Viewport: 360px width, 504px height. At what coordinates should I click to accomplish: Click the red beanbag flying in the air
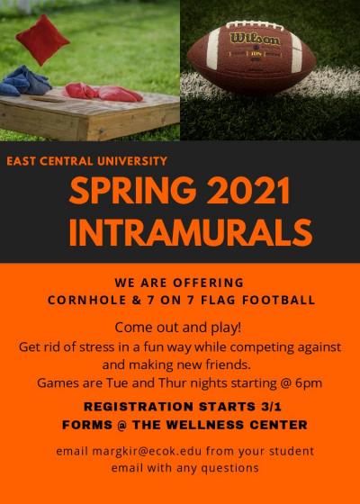click(43, 40)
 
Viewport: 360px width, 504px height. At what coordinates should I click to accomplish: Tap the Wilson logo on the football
click(256, 39)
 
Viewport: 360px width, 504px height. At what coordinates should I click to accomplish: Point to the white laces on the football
click(255, 25)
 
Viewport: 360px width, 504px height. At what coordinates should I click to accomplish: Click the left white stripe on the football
click(213, 49)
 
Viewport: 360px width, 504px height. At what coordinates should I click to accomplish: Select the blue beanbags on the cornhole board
click(25, 81)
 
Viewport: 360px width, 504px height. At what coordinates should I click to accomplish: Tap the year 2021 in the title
click(247, 191)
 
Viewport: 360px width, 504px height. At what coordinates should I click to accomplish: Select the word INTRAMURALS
click(191, 232)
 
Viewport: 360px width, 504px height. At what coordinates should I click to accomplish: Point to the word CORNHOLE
click(87, 301)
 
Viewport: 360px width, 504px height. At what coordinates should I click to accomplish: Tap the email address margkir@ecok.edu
click(148, 451)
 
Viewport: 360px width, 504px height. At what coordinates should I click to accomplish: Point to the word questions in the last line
click(229, 468)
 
